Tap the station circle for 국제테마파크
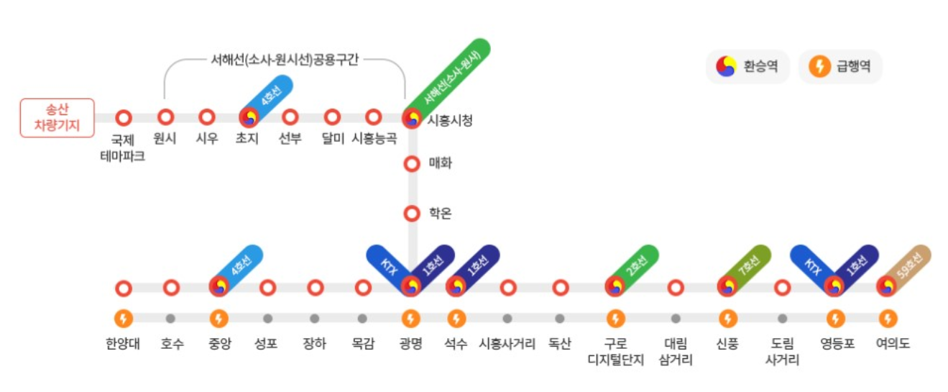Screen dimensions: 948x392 point(124,118)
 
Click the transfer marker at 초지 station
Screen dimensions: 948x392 point(249,118)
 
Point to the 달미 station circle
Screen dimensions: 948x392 point(332,117)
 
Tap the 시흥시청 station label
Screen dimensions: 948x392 point(450,120)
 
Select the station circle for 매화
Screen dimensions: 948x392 point(412,164)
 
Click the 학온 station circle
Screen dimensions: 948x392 point(412,214)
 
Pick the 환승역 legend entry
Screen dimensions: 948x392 point(747,67)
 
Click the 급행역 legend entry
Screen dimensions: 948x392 point(840,67)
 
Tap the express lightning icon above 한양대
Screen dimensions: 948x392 point(124,318)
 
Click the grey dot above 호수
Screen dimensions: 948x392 point(170,318)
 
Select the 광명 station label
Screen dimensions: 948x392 point(410,344)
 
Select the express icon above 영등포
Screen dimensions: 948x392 point(835,318)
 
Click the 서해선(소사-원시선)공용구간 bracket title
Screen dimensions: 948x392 point(285,60)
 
